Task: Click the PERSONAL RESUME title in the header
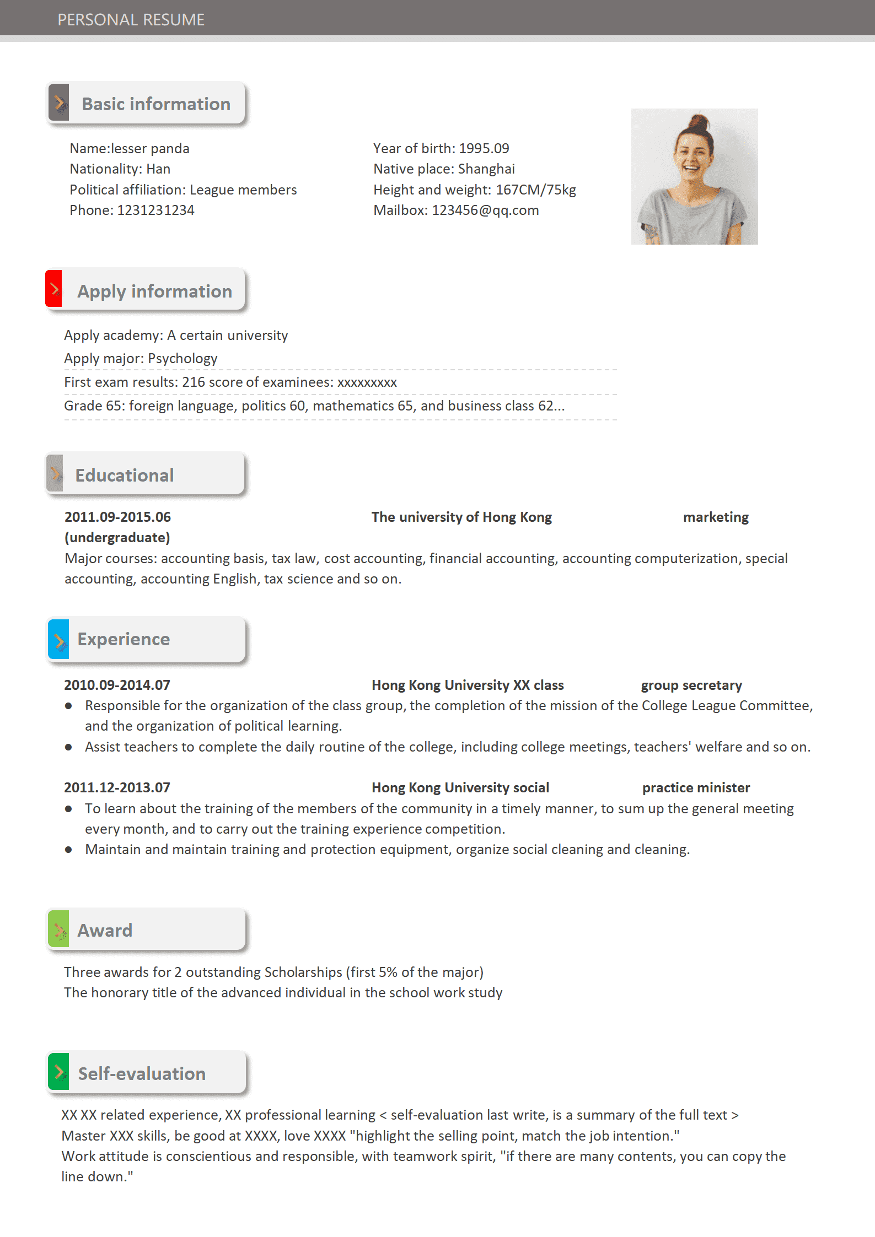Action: point(131,20)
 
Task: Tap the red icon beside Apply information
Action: point(54,289)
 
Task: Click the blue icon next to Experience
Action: point(58,640)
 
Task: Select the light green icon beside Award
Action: point(58,930)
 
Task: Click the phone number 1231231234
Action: point(155,210)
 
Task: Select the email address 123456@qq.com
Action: point(485,210)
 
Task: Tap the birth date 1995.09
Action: point(484,149)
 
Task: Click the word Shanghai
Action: point(486,169)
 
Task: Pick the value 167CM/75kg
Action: point(535,190)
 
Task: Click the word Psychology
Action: point(182,359)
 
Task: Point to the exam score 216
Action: point(194,382)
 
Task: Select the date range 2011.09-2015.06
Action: point(117,517)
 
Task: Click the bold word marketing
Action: point(716,517)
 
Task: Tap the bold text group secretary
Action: point(691,685)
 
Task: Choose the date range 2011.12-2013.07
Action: point(117,788)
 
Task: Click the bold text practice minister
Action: point(696,788)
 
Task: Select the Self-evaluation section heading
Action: point(142,1073)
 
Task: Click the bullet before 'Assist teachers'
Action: point(68,747)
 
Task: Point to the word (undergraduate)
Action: point(117,538)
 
